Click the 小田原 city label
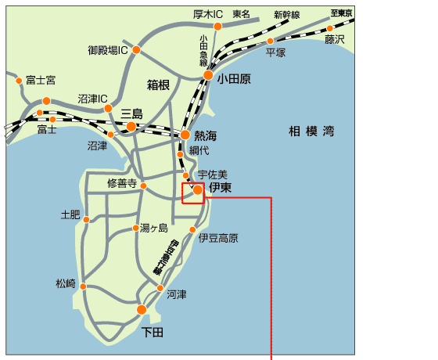(235, 78)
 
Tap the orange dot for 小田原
(208, 76)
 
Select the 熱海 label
(205, 135)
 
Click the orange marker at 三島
(131, 125)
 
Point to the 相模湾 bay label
(311, 131)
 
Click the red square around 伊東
(192, 193)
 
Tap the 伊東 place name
(221, 188)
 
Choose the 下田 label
(153, 332)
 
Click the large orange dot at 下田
(142, 310)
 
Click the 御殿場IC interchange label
(108, 50)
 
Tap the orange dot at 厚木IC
(217, 26)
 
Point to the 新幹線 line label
(286, 14)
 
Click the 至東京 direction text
(342, 13)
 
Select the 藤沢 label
(335, 39)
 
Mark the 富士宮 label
(40, 80)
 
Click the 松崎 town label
(66, 283)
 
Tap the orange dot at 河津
(160, 289)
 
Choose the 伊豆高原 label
(218, 238)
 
